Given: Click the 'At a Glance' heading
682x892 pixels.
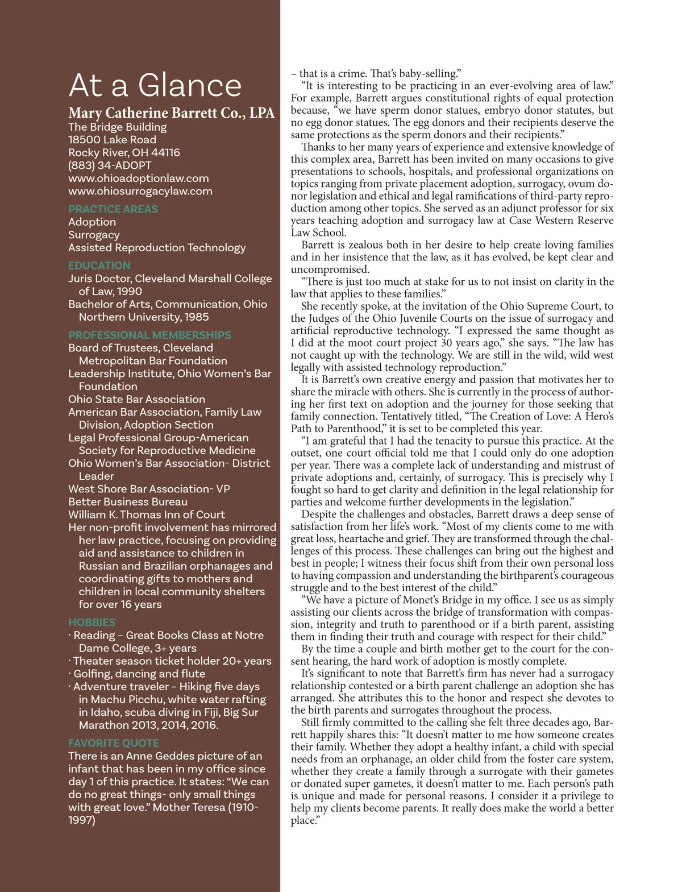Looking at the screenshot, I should click(x=155, y=86).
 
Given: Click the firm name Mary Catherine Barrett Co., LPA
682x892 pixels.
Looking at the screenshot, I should click(x=171, y=113).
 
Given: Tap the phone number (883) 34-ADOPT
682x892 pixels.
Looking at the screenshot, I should click(x=110, y=165).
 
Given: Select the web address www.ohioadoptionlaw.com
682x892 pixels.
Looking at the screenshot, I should click(x=139, y=179).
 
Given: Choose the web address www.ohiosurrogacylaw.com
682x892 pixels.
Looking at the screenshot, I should click(x=140, y=192).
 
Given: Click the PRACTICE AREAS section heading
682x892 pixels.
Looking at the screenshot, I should click(x=113, y=209).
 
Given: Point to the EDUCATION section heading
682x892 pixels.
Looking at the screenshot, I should click(x=99, y=265).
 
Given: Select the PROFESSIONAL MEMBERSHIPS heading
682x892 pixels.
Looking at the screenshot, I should click(x=149, y=335).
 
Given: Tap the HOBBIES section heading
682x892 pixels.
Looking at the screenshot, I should click(x=92, y=623).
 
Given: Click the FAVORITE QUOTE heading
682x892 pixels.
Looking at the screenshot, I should click(x=114, y=743).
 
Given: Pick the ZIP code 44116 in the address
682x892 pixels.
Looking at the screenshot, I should click(x=165, y=153).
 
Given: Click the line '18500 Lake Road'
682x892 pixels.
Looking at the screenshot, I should click(x=112, y=140).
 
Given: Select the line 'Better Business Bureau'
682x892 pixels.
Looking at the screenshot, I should click(x=128, y=502).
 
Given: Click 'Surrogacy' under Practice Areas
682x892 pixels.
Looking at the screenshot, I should click(x=94, y=235).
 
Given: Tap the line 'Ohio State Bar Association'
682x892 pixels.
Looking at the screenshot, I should click(x=136, y=400).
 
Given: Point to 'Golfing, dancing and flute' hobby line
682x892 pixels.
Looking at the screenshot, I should click(x=139, y=674).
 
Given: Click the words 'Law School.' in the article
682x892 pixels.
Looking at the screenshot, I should click(x=318, y=233).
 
